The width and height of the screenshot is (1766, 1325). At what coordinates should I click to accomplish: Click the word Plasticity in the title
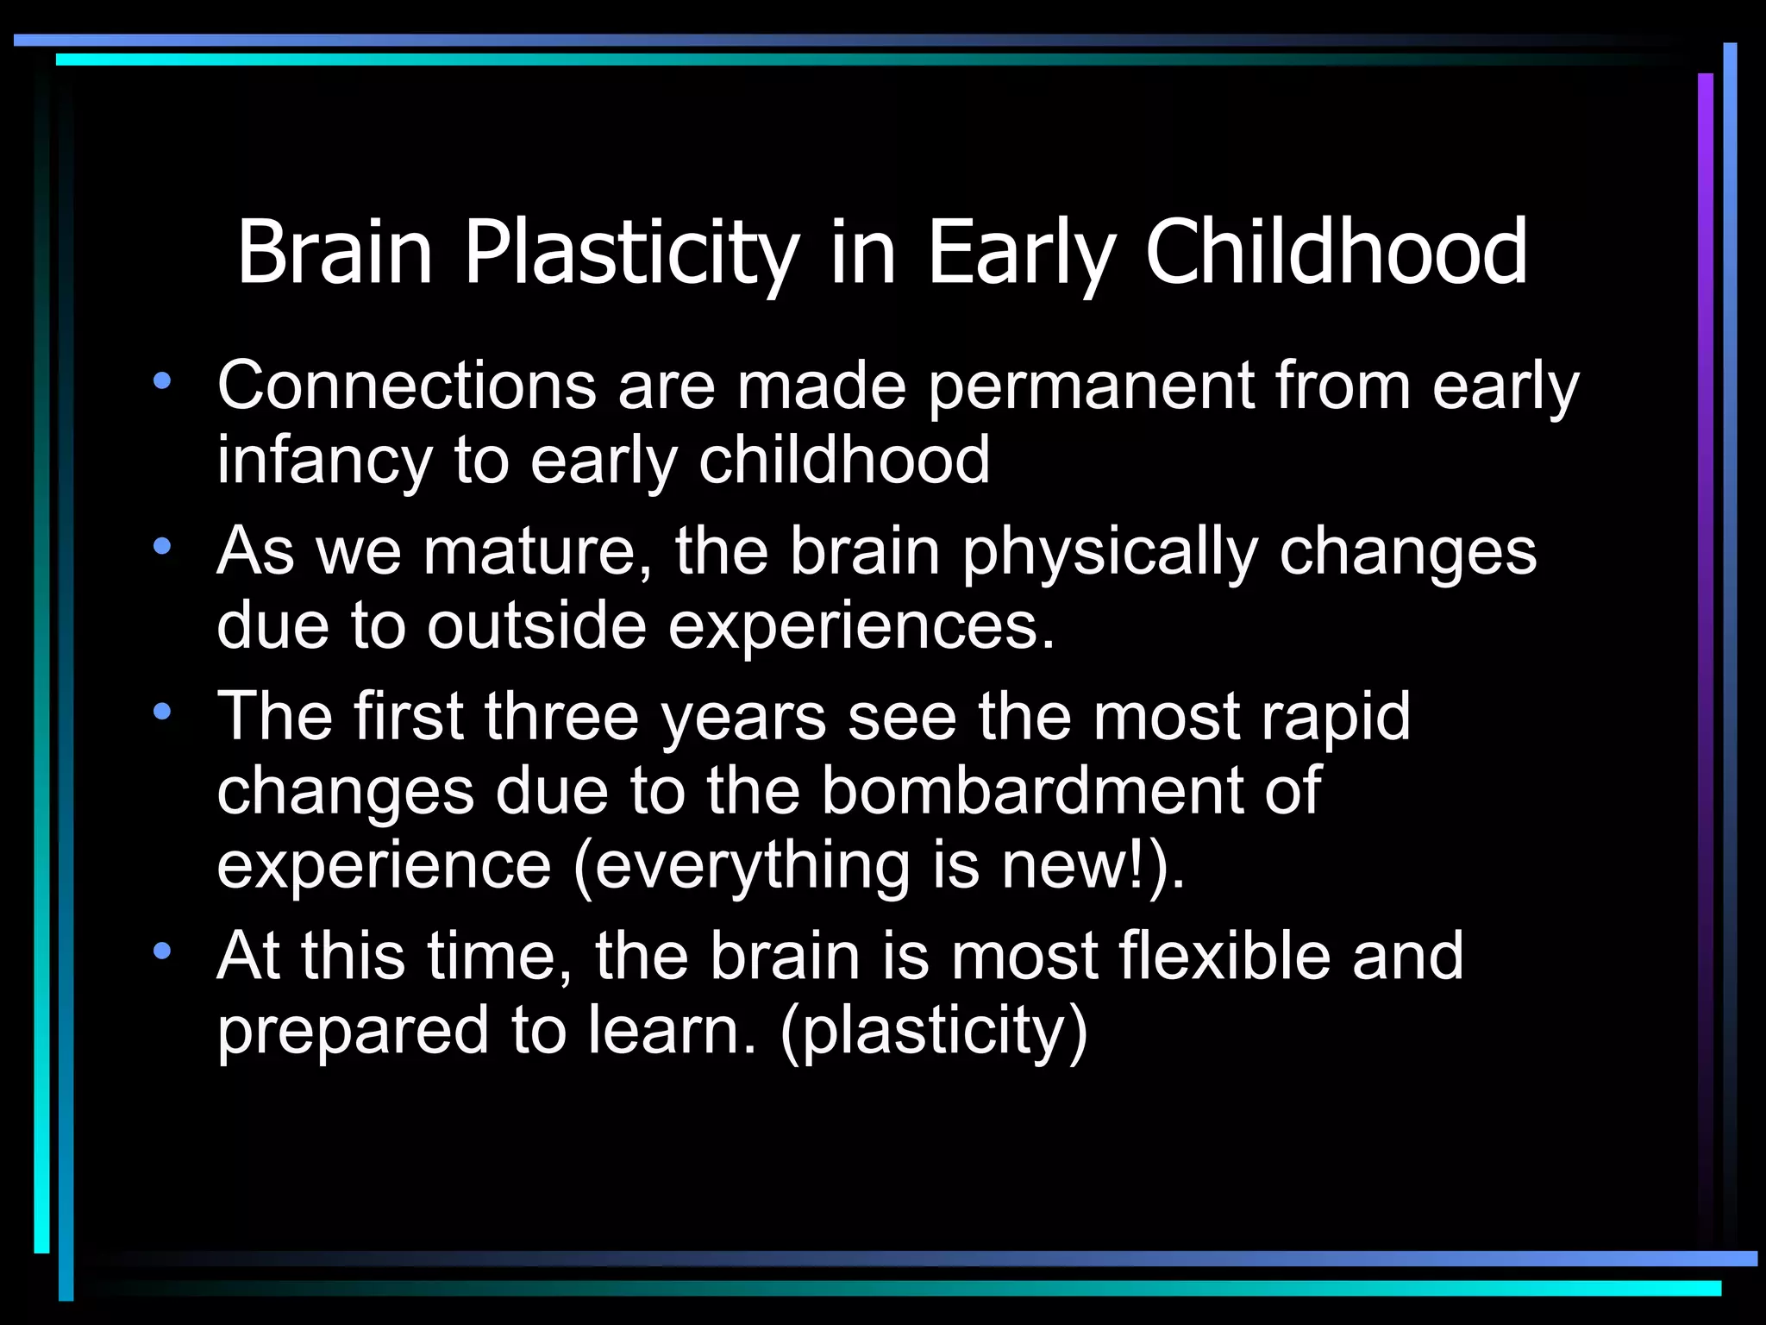[x=631, y=252]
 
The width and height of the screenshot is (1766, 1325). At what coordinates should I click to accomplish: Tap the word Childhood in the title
[x=1336, y=252]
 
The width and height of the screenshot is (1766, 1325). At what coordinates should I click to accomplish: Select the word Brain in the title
[x=335, y=252]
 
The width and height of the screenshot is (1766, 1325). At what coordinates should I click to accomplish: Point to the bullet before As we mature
[x=162, y=546]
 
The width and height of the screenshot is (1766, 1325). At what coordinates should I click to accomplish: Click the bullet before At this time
[x=162, y=951]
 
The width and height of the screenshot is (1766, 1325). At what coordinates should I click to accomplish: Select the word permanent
[x=1090, y=386]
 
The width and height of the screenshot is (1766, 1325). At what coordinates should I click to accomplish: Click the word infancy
[x=324, y=461]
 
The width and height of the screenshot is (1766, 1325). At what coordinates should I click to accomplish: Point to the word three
[x=560, y=716]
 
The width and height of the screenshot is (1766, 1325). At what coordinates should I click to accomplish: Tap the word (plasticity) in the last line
[x=933, y=1031]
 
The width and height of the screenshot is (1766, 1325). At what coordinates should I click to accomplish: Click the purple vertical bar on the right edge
[x=1705, y=604]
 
